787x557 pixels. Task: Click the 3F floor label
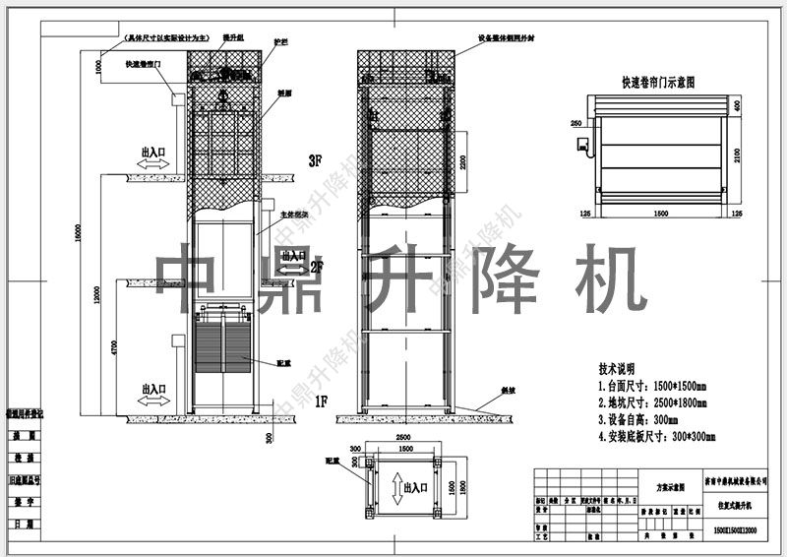(315, 159)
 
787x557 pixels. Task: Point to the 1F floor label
(320, 402)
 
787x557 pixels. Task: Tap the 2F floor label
(317, 267)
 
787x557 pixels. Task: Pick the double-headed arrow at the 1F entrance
(153, 401)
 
